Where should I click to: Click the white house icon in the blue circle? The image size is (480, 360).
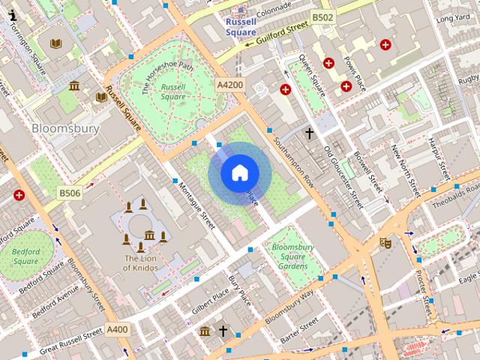click(x=239, y=173)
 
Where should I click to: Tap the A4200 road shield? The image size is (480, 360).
click(x=229, y=85)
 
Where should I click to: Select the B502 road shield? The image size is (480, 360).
click(x=323, y=17)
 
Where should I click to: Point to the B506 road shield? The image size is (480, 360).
click(x=70, y=193)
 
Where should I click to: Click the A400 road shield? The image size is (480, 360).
click(x=117, y=328)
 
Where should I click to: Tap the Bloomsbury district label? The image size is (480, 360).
click(x=65, y=128)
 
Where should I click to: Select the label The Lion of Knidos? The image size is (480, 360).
click(x=141, y=263)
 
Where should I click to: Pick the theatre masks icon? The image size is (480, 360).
click(x=385, y=242)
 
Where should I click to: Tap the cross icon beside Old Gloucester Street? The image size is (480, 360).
click(x=308, y=133)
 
